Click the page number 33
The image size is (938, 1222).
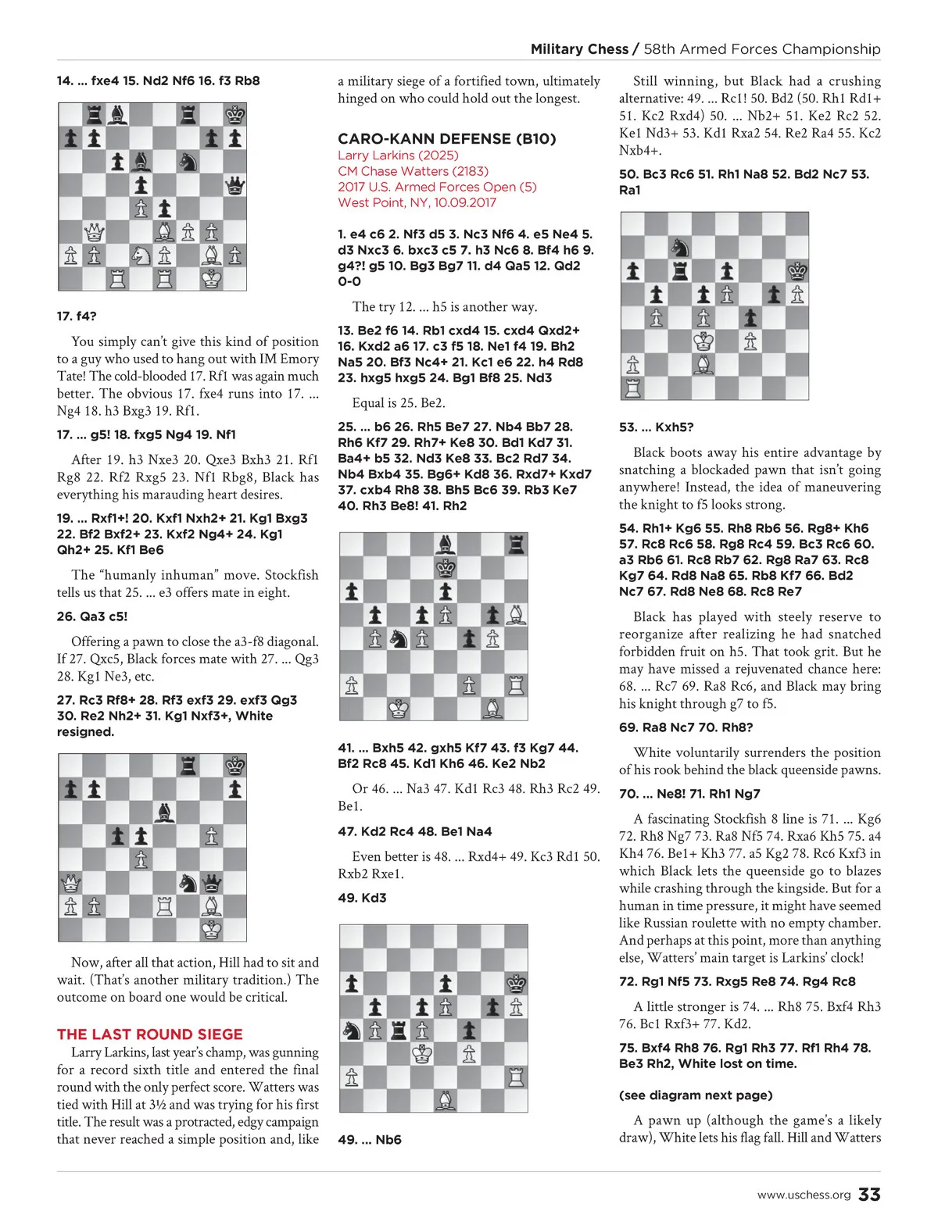pyautogui.click(x=869, y=1195)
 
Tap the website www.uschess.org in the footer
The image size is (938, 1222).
pyautogui.click(x=804, y=1195)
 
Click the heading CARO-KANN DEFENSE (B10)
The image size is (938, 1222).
pyautogui.click(x=446, y=139)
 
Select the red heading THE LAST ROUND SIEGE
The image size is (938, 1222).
pyautogui.click(x=149, y=1034)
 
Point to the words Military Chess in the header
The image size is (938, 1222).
pyautogui.click(x=579, y=49)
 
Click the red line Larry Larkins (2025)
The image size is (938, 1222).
pyautogui.click(x=398, y=155)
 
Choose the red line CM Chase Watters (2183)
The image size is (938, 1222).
pyautogui.click(x=413, y=171)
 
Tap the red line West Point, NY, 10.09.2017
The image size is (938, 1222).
pyautogui.click(x=417, y=202)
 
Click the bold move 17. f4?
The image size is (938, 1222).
pyautogui.click(x=77, y=316)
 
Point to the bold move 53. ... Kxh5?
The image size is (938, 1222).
pyautogui.click(x=656, y=427)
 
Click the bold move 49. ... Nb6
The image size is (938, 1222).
pyautogui.click(x=369, y=1140)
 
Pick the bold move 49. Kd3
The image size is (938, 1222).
pyautogui.click(x=362, y=898)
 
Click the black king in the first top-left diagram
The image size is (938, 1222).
pyautogui.click(x=234, y=116)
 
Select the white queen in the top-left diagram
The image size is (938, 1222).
pyautogui.click(x=94, y=232)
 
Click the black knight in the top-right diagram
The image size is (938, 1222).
pyautogui.click(x=679, y=248)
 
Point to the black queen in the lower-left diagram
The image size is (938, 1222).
pyautogui.click(x=211, y=884)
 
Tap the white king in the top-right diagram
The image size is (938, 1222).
pyautogui.click(x=703, y=341)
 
